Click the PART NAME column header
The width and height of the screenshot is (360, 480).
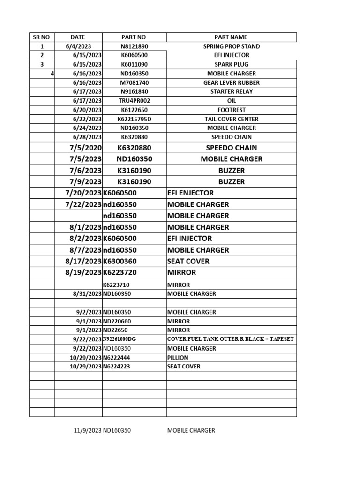tap(231, 37)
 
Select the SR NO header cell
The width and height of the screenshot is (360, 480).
tap(42, 37)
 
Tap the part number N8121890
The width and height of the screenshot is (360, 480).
tap(134, 46)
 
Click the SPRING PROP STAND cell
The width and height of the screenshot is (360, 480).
tap(231, 46)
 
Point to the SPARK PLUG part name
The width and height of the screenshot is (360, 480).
tap(231, 64)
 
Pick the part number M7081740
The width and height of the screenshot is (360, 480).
tap(134, 82)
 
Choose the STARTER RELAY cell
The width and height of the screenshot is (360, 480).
tap(231, 91)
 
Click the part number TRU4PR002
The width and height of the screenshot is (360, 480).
tap(134, 101)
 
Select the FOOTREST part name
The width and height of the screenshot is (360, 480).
tap(231, 110)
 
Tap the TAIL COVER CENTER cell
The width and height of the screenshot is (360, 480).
tap(231, 119)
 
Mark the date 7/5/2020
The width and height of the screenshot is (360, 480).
tap(84, 148)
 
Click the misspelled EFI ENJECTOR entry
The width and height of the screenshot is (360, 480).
tap(190, 193)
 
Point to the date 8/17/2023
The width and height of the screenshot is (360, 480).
tap(83, 261)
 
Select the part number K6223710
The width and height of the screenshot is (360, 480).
tap(117, 285)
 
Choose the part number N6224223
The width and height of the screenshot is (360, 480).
tap(117, 367)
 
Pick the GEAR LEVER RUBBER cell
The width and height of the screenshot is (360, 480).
tap(231, 82)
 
